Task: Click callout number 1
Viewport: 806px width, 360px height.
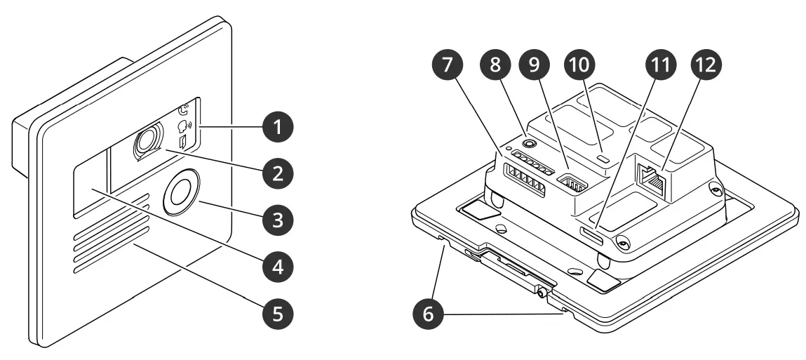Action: click(x=278, y=127)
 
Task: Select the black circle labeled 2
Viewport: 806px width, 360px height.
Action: click(x=278, y=171)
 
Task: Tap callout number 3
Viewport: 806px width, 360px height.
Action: click(x=278, y=219)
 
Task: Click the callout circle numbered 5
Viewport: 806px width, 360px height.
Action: click(x=278, y=313)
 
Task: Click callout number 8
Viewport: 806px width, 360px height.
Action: click(x=497, y=65)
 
